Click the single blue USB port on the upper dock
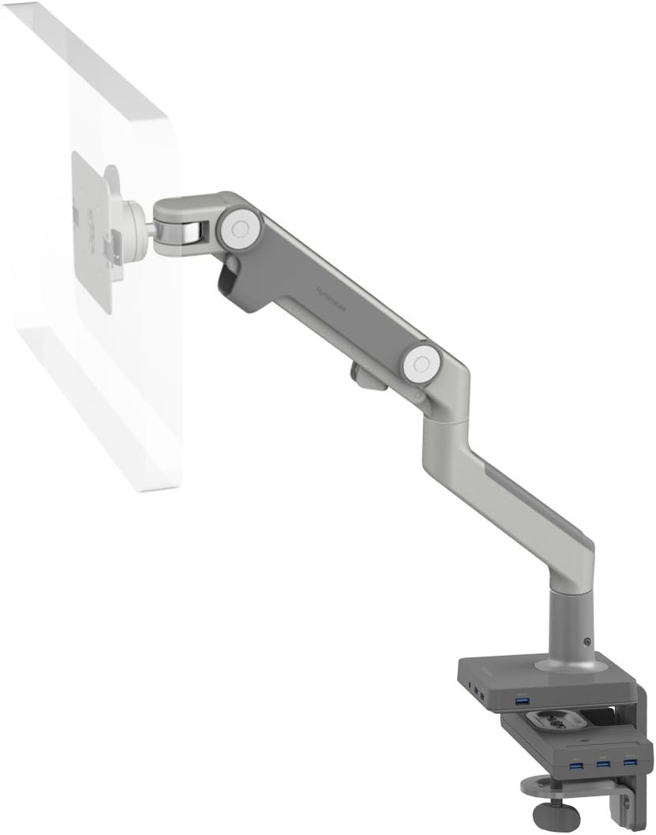[x=521, y=702]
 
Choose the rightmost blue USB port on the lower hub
[x=628, y=762]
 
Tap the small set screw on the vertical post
[x=587, y=642]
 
